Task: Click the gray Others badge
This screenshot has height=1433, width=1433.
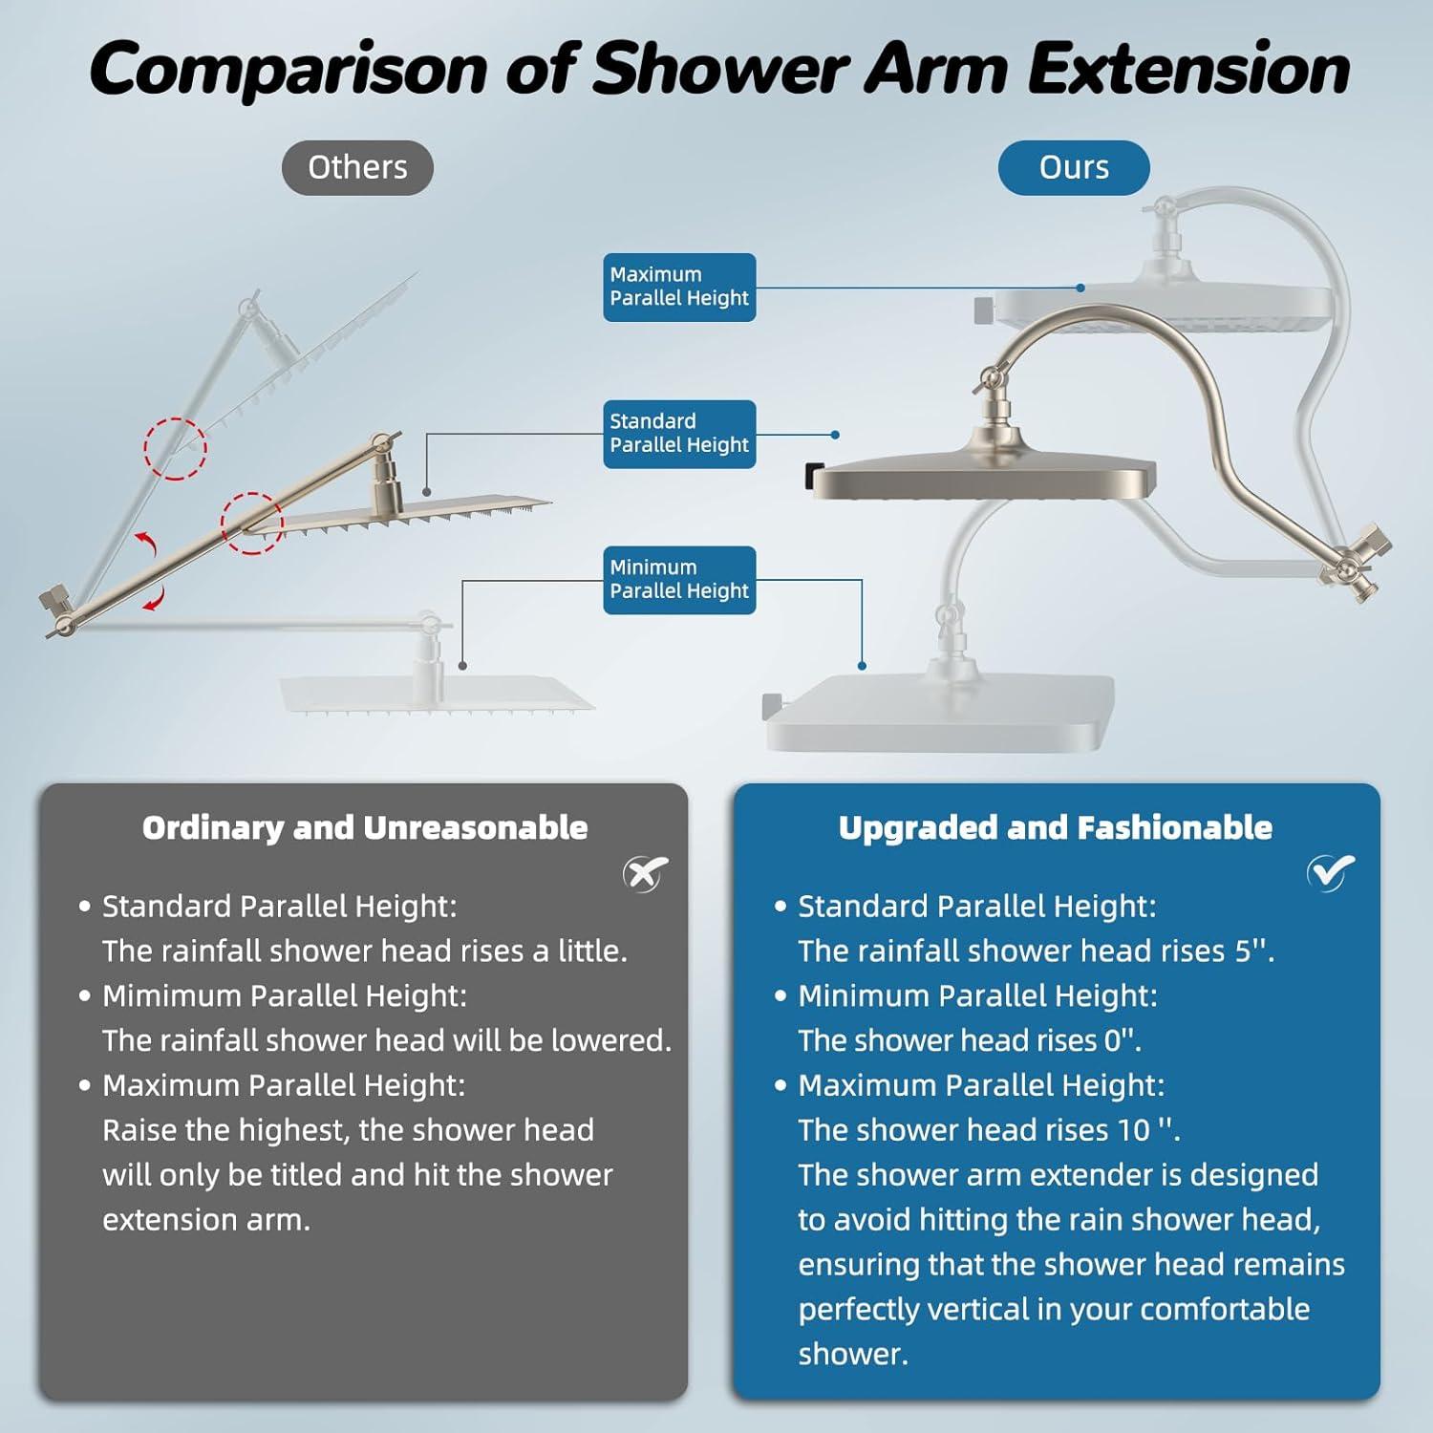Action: point(357,168)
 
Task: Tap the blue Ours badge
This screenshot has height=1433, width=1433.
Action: point(1074,168)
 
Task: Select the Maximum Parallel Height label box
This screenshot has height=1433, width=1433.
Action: point(679,287)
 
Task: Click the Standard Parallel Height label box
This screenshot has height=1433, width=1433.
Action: point(679,434)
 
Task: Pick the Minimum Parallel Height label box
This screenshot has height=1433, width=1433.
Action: point(679,580)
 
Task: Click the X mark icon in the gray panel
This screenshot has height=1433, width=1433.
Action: point(646,873)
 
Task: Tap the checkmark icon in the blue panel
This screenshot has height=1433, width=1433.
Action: point(1331,871)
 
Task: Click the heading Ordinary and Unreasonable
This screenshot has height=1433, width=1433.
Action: point(365,827)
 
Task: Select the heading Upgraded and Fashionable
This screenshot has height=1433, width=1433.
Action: point(1056,827)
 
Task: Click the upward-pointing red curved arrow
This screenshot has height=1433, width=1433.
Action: point(146,544)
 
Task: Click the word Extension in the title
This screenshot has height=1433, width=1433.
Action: point(1188,69)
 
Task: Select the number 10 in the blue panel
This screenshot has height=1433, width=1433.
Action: point(1133,1130)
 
